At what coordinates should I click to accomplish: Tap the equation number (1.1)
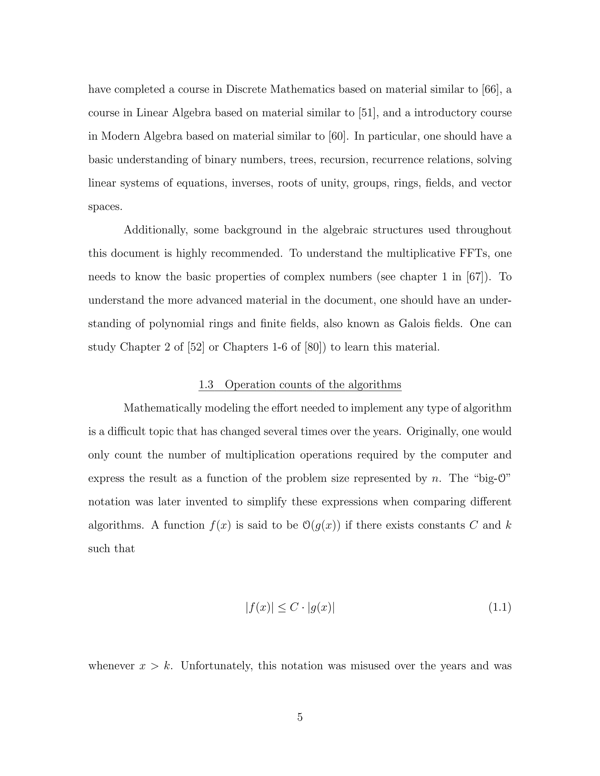click(x=500, y=608)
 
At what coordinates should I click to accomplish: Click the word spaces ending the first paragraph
click(x=105, y=207)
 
